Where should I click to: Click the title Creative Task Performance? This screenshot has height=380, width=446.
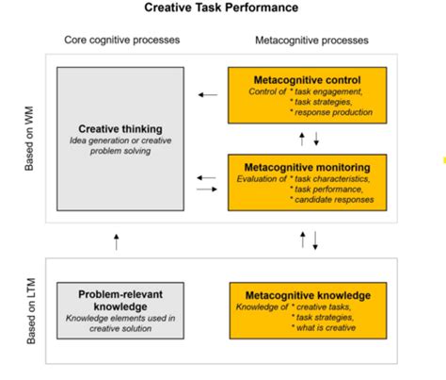click(221, 8)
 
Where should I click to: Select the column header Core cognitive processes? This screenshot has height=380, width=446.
click(121, 41)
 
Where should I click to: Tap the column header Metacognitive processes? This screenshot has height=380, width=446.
click(311, 41)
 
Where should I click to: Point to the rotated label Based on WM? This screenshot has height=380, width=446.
click(33, 139)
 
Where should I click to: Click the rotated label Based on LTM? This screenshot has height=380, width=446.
click(33, 306)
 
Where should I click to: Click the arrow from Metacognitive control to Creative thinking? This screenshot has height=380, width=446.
click(208, 94)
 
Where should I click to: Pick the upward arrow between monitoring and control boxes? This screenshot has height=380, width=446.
click(301, 138)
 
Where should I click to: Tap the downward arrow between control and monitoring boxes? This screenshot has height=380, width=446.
click(315, 140)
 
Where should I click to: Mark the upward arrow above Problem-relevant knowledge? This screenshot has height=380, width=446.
click(116, 240)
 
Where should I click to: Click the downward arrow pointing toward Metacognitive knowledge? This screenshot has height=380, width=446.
click(315, 241)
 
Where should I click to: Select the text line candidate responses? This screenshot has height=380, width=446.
click(335, 198)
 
